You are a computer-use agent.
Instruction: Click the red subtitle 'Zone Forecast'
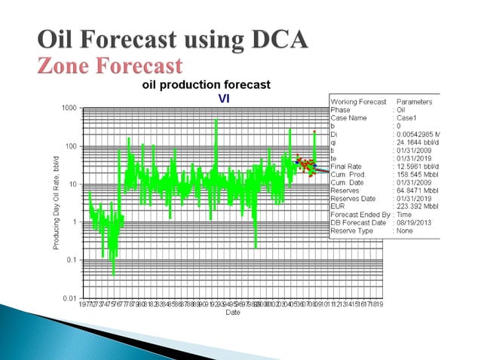pos(110,64)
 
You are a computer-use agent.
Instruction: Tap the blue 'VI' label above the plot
pos(224,97)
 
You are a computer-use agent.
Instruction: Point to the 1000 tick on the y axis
pos(69,108)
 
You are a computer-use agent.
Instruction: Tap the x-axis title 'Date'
pos(232,313)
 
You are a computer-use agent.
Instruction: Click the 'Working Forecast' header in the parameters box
pos(358,102)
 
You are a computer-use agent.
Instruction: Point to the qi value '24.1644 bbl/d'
pos(419,142)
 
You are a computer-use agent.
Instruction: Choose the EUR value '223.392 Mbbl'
pos(419,206)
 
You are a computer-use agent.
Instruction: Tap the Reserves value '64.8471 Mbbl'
pos(419,191)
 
